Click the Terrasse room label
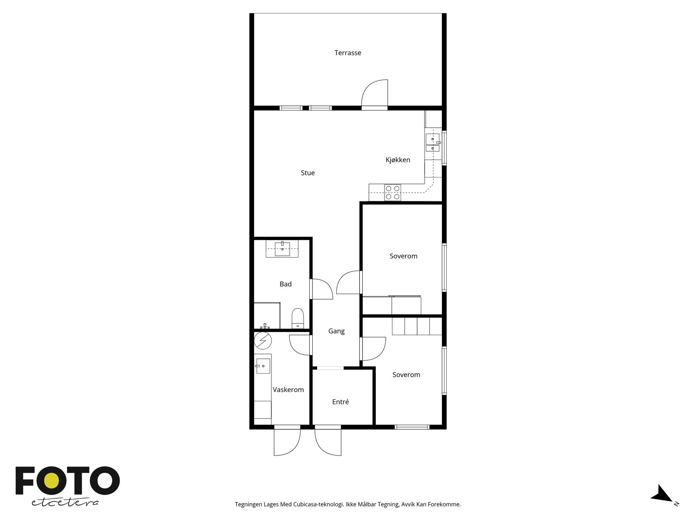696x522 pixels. (x=348, y=53)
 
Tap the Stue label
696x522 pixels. (x=308, y=173)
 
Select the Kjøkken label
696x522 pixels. (x=398, y=160)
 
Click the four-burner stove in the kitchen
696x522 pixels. (x=392, y=192)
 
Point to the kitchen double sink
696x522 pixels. (x=433, y=143)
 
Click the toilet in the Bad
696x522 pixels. (x=298, y=318)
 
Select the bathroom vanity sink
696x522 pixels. (x=282, y=248)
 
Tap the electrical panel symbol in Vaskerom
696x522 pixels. (x=263, y=341)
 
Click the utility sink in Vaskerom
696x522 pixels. (x=263, y=366)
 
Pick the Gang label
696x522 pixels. (x=336, y=331)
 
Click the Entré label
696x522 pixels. (x=340, y=402)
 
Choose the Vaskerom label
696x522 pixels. (x=288, y=389)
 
